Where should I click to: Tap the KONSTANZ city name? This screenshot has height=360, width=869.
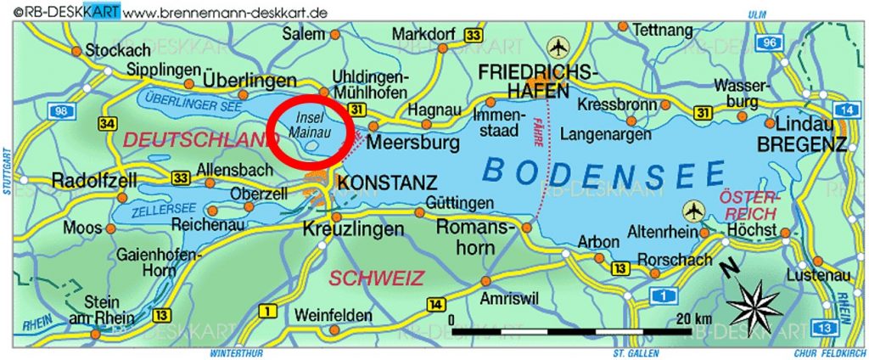[388, 183]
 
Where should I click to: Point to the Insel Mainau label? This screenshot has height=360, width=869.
[308, 126]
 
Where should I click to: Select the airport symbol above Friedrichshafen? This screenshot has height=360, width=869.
[559, 47]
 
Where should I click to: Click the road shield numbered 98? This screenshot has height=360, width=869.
[61, 112]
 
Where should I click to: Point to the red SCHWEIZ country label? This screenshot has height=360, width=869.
[364, 277]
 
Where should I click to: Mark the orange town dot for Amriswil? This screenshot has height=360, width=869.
[485, 280]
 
